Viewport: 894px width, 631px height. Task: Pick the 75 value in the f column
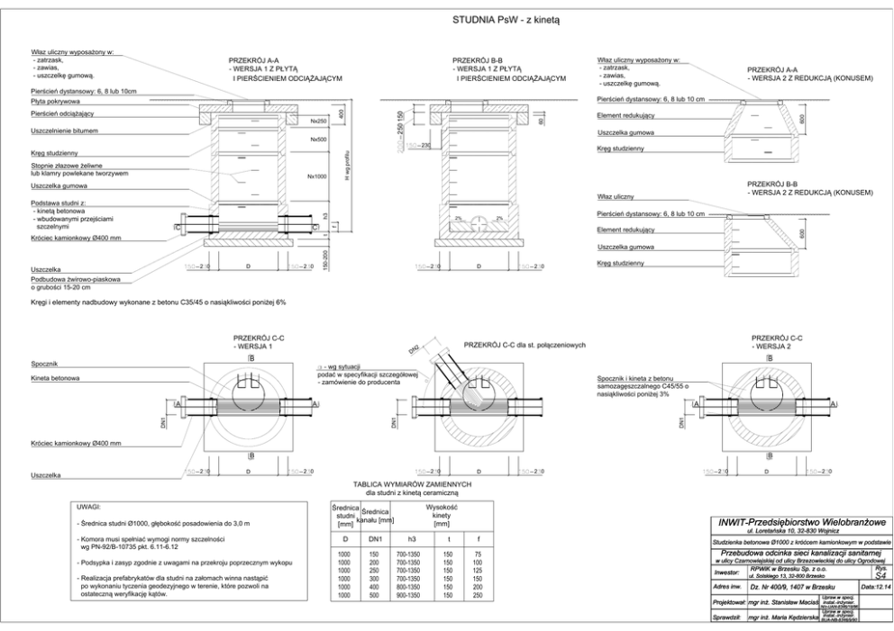[x=478, y=554]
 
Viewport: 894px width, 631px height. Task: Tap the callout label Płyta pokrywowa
[x=51, y=103]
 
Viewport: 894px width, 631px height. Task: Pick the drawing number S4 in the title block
[x=880, y=573]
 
